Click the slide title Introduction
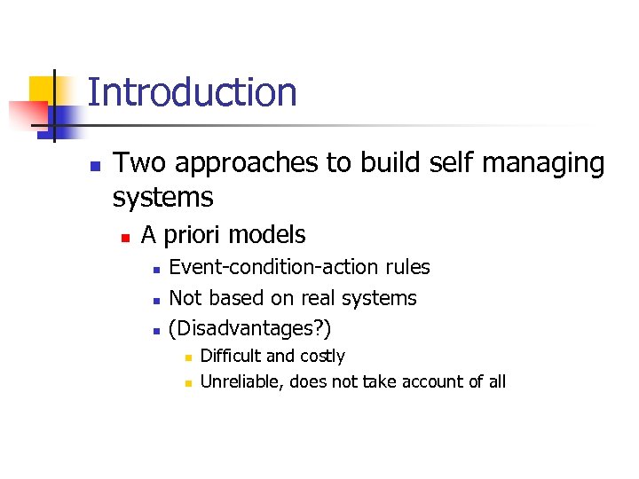[192, 93]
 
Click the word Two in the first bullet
[137, 163]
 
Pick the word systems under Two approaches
[162, 196]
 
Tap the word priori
[193, 235]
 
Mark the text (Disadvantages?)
[250, 329]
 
